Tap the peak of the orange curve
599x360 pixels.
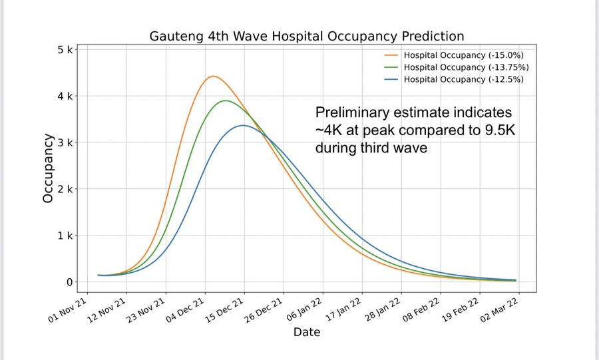[x=212, y=77]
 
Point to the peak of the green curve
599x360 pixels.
[x=226, y=100]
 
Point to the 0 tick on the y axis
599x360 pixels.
[x=69, y=282]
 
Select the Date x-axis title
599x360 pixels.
[x=307, y=331]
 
